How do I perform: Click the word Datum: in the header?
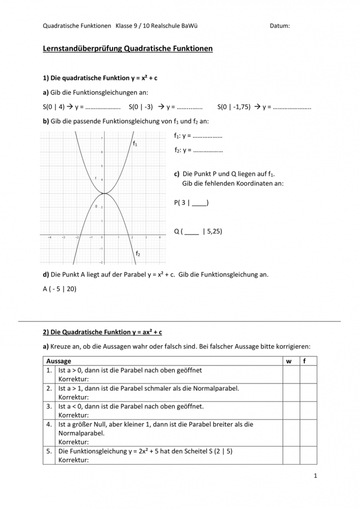tap(279, 26)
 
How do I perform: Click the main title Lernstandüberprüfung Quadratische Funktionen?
tap(128, 48)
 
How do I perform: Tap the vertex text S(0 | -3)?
tap(140, 106)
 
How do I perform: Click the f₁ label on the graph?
tap(135, 143)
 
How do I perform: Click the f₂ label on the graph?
tap(138, 254)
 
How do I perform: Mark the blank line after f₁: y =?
tap(207, 136)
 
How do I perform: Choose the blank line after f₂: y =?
tap(207, 150)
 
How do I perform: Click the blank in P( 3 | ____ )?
tap(199, 202)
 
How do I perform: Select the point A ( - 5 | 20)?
tap(59, 288)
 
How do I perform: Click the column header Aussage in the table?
tap(58, 361)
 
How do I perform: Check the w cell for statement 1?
tap(290, 374)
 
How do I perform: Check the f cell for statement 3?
tap(308, 410)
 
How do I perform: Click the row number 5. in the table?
tap(49, 451)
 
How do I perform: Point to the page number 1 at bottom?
tap(315, 475)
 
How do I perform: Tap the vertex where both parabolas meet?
tap(102, 193)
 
